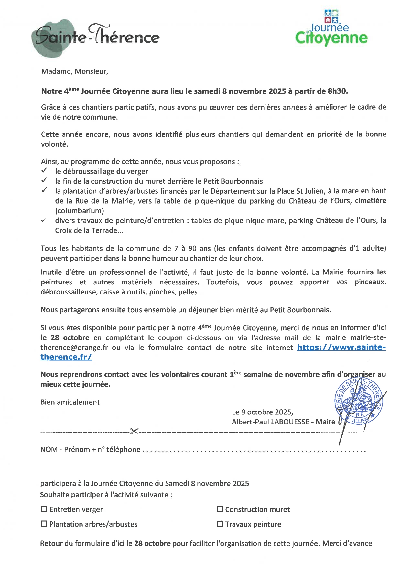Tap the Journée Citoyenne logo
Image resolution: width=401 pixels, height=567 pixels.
331,28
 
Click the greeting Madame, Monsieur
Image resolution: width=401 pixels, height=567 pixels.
75,71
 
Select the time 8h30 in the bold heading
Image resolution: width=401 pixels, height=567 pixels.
337,91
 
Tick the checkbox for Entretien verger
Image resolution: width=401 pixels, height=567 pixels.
44,509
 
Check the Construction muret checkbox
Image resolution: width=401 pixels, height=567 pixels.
220,509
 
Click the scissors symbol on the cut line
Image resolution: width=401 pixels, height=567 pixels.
134,431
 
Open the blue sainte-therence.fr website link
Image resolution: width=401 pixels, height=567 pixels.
341,348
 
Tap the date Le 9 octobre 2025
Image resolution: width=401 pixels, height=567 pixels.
262,412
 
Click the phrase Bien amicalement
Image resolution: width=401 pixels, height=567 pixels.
70,402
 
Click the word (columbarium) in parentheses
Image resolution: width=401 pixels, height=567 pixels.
80,211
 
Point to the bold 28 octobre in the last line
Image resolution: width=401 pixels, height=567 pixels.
152,543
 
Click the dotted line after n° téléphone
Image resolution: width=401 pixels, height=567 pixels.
254,450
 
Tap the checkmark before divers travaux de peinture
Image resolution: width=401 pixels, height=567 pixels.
44,220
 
